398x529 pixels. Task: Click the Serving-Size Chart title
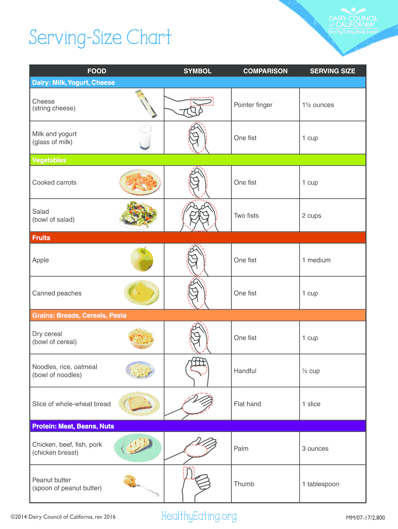point(100,38)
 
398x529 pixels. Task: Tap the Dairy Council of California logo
point(353,23)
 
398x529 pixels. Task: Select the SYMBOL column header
point(197,71)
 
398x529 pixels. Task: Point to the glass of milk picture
point(144,137)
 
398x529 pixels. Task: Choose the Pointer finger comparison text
point(253,105)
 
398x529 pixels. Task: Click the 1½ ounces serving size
point(318,105)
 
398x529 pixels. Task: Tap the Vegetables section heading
point(50,160)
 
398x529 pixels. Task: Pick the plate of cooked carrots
point(140,182)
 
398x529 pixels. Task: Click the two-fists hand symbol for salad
point(197,215)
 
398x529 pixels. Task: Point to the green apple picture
point(142,259)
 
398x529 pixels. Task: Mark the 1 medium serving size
point(316,260)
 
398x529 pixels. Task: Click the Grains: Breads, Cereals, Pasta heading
point(79,315)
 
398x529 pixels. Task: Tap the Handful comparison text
point(245,371)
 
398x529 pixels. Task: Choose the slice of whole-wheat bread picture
point(139,403)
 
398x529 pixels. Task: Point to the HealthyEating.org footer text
point(199,516)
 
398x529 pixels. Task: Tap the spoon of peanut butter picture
point(136,484)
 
